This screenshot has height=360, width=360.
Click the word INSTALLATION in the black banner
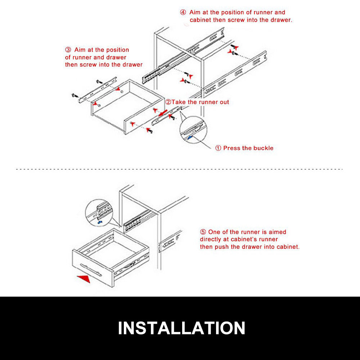pos(181,328)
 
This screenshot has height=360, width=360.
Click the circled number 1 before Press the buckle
pos(218,148)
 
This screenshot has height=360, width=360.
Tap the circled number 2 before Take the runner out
pos(168,102)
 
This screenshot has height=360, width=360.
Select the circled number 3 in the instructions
pos(68,50)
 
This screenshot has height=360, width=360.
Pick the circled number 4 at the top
pos(183,13)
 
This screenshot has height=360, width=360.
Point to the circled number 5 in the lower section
pos(203,232)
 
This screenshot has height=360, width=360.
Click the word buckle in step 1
pos(263,148)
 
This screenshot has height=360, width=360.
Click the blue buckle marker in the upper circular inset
pos(190,137)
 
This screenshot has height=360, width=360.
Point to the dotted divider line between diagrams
pos(180,169)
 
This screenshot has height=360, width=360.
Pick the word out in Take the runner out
pos(224,102)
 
